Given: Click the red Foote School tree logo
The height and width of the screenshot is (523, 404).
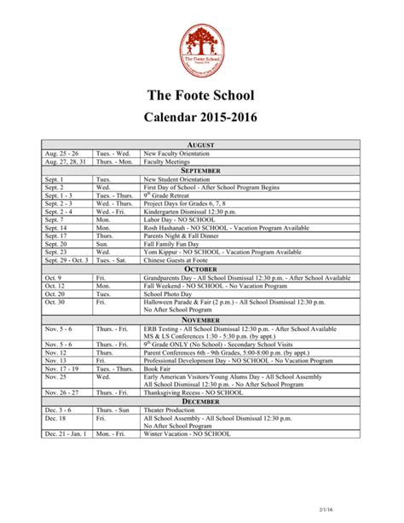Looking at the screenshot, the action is pyautogui.click(x=202, y=48).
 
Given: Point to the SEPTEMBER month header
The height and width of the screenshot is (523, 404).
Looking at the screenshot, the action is pyautogui.click(x=202, y=170).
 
